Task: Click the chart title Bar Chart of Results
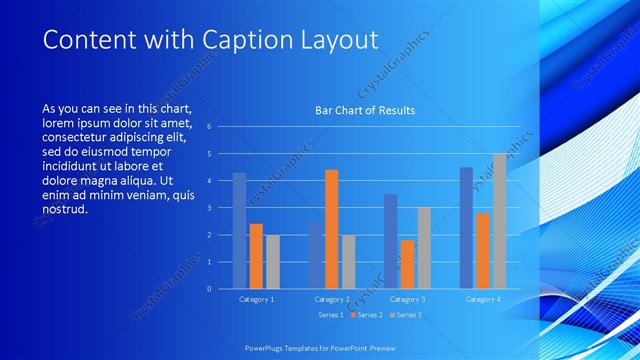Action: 365,110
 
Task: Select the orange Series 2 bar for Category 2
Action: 332,229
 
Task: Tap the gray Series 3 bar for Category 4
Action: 499,221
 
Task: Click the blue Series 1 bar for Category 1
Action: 239,231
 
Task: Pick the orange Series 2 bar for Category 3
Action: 407,264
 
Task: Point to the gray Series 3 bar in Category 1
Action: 273,262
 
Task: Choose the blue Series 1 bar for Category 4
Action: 466,228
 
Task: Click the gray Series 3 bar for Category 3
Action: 424,248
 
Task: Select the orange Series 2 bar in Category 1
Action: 256,256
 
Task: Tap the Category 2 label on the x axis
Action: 332,299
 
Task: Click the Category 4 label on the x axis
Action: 483,299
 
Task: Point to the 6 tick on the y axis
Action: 209,127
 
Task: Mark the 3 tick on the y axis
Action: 209,208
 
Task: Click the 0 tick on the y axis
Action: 209,289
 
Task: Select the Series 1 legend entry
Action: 330,315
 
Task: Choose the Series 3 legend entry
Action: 405,315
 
